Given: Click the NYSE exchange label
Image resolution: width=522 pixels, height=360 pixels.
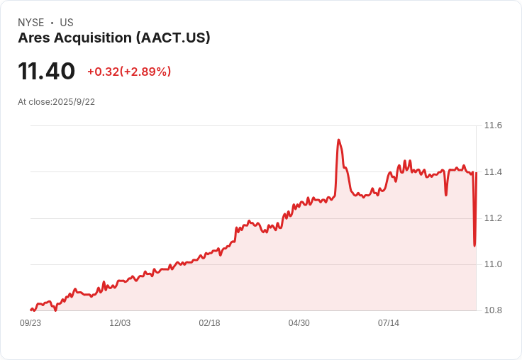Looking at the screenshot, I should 30,23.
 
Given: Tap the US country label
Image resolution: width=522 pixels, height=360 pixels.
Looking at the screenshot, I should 67,23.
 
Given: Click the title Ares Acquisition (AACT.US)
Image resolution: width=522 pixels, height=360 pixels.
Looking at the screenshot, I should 114,38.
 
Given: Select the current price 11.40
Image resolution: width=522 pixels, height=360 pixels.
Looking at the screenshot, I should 47,72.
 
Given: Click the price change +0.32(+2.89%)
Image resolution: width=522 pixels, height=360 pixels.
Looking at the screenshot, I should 129,72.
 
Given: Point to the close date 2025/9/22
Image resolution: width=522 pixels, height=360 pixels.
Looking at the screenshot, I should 74,102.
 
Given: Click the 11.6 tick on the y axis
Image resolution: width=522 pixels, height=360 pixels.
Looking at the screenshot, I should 493,125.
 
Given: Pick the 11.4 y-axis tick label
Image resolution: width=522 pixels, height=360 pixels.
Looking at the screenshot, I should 493,172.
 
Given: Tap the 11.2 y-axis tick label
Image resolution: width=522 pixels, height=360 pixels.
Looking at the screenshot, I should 493,218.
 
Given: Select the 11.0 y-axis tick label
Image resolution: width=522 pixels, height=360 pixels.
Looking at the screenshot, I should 493,264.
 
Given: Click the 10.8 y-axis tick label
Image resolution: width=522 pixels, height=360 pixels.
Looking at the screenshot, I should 493,310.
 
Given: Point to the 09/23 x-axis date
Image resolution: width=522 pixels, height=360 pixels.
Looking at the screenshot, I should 30,323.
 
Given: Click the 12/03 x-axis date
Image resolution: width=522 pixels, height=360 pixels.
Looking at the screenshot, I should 120,323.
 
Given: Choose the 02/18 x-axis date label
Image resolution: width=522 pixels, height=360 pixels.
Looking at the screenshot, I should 209,323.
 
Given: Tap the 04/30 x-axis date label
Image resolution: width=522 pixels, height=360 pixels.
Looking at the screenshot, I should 299,323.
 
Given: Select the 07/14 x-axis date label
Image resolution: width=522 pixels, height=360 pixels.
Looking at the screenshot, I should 388,323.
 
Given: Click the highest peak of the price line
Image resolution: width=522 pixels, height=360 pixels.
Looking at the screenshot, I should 339,140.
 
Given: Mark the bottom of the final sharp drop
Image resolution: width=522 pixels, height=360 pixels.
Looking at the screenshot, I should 474,246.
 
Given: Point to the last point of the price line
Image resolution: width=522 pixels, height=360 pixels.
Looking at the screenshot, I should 476,174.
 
